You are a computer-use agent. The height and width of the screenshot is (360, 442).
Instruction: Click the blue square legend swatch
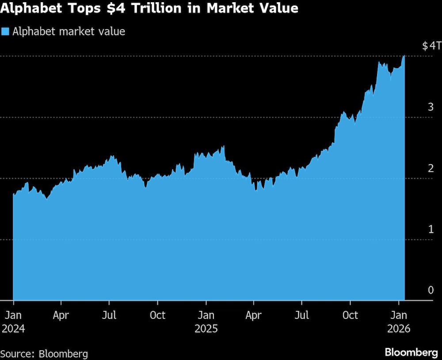click(x=5, y=32)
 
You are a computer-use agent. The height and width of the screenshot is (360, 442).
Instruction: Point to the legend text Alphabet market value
click(x=69, y=32)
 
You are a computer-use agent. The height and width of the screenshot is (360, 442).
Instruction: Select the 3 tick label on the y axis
click(x=430, y=107)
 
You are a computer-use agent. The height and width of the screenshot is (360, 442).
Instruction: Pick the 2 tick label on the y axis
click(x=430, y=168)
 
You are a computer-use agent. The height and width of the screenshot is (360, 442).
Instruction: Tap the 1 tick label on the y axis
click(x=430, y=229)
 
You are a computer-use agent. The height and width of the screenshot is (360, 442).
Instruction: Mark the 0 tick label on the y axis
click(x=430, y=290)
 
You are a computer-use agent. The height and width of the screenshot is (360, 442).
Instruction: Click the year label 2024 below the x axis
click(x=13, y=329)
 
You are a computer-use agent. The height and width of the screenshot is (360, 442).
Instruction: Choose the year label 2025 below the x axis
click(x=206, y=329)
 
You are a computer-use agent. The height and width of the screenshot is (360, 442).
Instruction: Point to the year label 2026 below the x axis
click(x=399, y=329)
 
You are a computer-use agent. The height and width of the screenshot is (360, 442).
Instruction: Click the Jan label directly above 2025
click(x=206, y=315)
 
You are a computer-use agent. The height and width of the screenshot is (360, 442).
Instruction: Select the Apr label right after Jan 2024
click(x=61, y=315)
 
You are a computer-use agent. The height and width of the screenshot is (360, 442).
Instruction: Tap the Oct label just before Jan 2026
click(x=350, y=315)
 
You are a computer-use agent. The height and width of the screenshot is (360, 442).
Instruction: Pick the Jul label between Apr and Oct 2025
click(x=302, y=315)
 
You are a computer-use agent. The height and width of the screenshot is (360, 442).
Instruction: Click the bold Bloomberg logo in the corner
click(x=411, y=352)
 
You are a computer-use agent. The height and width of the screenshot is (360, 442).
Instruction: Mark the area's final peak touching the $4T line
click(x=404, y=57)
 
